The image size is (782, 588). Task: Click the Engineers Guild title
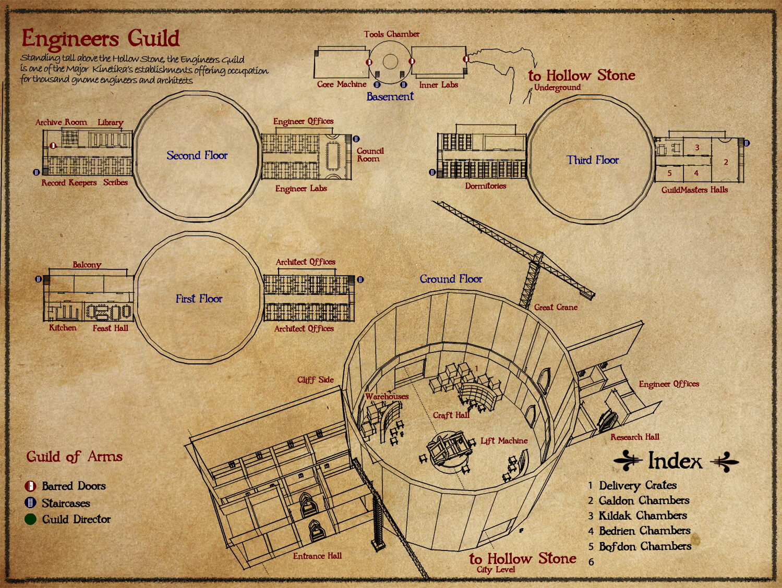[100, 39]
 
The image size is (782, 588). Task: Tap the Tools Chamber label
[391, 34]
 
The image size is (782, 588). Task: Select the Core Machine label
[342, 84]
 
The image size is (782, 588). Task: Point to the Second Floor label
[197, 155]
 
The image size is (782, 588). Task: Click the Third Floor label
[593, 160]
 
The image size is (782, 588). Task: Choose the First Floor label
[199, 299]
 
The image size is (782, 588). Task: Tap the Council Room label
[370, 155]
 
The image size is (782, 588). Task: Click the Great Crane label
[556, 308]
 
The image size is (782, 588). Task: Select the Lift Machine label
[504, 441]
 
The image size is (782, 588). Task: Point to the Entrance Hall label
[317, 556]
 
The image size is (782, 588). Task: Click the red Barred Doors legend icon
[30, 486]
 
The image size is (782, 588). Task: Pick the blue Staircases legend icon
[30, 503]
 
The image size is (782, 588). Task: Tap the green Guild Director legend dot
[30, 519]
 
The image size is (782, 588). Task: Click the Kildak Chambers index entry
[642, 516]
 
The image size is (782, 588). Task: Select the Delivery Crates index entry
[637, 486]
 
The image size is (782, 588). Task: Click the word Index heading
[675, 461]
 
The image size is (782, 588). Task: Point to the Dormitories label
[485, 186]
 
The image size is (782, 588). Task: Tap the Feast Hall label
[110, 328]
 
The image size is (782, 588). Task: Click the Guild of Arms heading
[75, 457]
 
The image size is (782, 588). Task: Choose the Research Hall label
[635, 437]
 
